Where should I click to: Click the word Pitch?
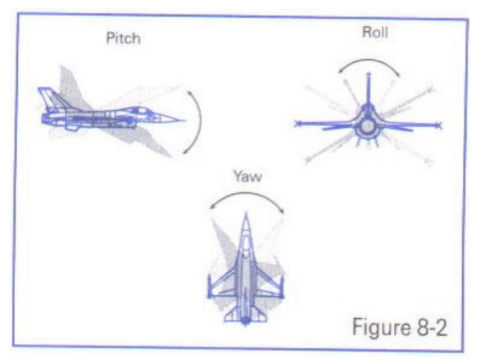coord(124,39)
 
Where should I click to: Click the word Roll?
coord(375,32)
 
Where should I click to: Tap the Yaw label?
coord(248,177)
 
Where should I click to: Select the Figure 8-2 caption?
coord(399,327)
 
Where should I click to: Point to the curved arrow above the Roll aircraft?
coord(369,60)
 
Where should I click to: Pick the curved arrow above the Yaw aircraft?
coord(248,194)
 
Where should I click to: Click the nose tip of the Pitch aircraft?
coord(184,120)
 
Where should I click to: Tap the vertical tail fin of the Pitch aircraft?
coord(50,98)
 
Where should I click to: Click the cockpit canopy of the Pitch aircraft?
coord(138,110)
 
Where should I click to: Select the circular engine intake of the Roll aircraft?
coord(367,126)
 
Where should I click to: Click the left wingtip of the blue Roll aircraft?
coord(297,123)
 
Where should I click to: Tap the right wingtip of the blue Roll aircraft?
coord(440,126)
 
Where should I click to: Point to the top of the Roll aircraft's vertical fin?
coord(368,74)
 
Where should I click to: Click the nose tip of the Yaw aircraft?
coord(246,214)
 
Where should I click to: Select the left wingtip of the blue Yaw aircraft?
coord(210,287)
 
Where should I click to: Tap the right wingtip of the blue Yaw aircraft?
coord(282,287)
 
